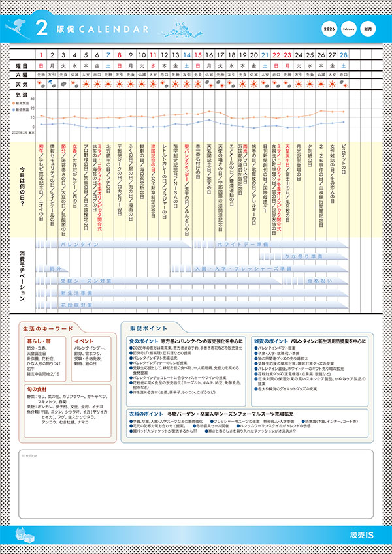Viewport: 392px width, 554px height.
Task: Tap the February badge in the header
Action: [350, 29]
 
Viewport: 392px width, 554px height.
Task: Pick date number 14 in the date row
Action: [188, 56]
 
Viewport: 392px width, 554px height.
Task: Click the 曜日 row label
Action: [22, 66]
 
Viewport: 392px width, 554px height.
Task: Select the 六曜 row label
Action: [22, 75]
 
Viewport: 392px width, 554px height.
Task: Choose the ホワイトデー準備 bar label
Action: [242, 243]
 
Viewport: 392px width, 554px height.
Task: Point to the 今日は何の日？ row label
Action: [22, 187]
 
